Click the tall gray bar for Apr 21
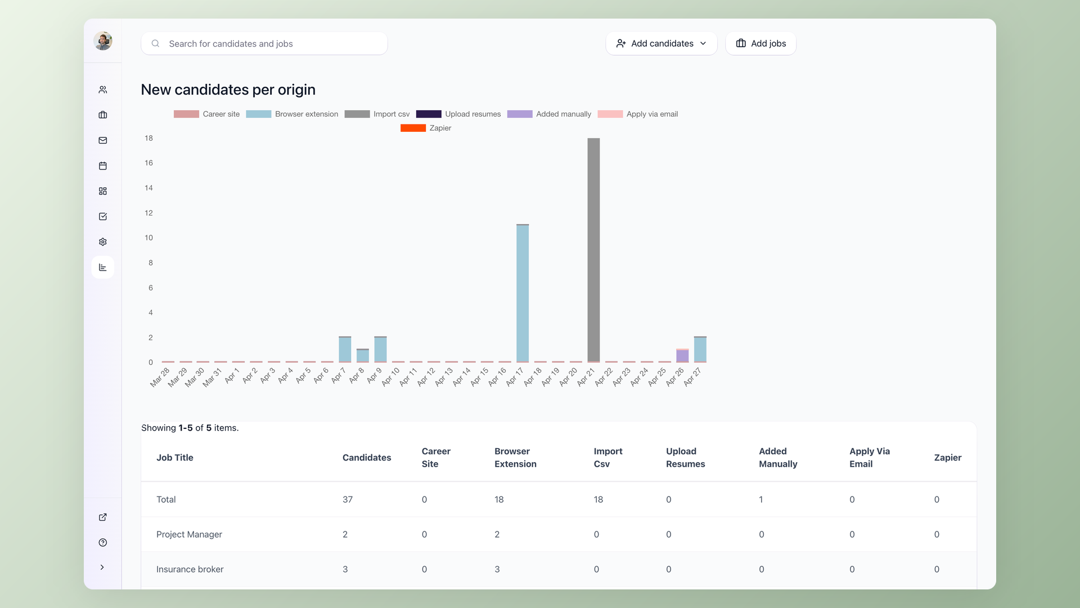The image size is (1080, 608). [x=593, y=250]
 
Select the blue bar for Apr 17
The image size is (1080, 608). [x=523, y=293]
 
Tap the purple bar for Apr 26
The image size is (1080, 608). [x=682, y=356]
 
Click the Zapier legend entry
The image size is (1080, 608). [x=426, y=128]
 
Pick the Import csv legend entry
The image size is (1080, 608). [x=377, y=114]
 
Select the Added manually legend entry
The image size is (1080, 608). [x=549, y=114]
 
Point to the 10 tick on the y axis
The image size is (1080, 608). [x=148, y=238]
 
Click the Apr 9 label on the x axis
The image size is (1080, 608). [x=375, y=375]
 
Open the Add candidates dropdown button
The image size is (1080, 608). [x=661, y=43]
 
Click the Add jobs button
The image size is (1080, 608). [x=760, y=43]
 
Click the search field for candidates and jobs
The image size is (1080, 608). [x=264, y=43]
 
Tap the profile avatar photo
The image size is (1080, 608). [x=103, y=41]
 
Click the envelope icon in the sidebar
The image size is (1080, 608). [x=103, y=140]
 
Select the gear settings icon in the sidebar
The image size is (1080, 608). [x=103, y=242]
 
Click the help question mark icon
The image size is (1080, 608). [x=103, y=543]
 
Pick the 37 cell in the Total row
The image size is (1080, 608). [x=348, y=499]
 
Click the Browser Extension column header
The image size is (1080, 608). [x=515, y=458]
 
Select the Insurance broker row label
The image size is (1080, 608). [x=190, y=569]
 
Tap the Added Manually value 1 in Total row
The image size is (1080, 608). [x=761, y=499]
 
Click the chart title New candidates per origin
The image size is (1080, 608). [x=228, y=90]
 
